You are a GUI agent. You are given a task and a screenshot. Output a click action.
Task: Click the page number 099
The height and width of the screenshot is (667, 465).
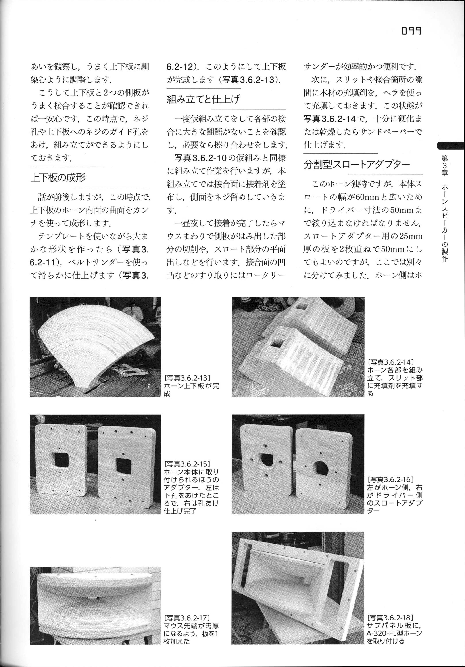411,31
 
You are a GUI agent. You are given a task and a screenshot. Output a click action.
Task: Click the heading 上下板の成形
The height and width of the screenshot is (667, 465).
58,177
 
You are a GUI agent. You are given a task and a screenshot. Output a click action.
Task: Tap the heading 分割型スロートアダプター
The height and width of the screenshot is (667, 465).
357,164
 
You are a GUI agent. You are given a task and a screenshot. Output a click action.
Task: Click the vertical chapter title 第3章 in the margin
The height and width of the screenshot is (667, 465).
444,165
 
